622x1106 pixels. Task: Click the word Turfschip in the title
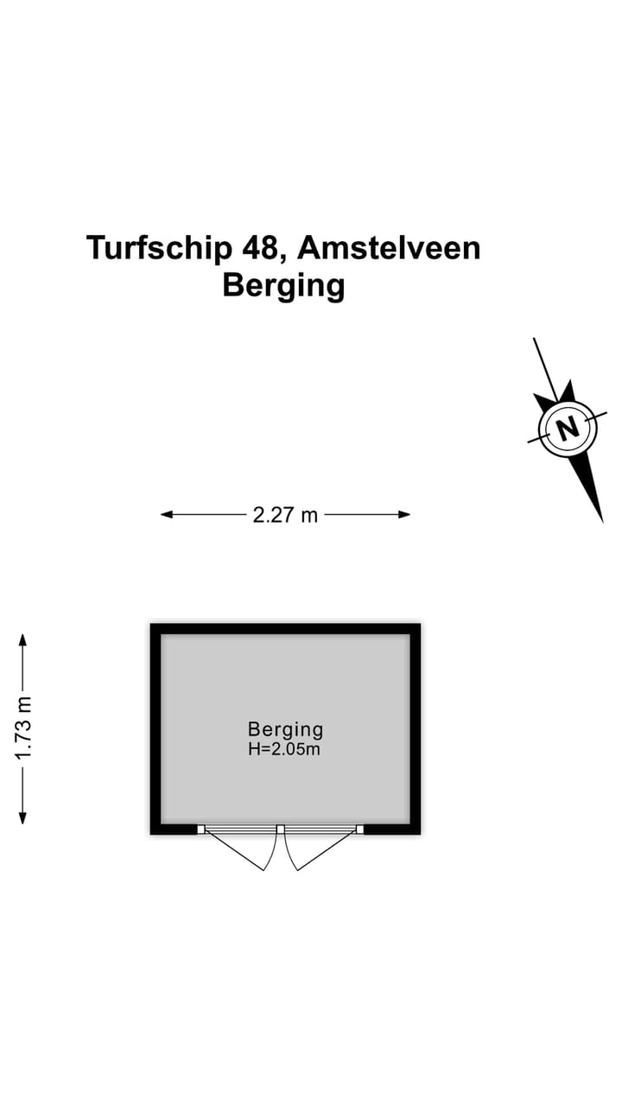(x=159, y=248)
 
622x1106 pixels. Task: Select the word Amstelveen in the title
(x=389, y=247)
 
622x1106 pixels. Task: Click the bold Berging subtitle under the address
(x=283, y=286)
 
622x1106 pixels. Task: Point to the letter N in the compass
(x=568, y=427)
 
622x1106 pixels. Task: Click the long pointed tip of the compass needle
(x=602, y=521)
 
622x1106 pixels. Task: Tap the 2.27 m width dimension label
(x=285, y=515)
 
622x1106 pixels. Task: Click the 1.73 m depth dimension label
(x=22, y=728)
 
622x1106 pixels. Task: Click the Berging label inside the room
(x=285, y=729)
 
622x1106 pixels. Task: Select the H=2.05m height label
(x=284, y=749)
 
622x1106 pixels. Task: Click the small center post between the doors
(x=281, y=829)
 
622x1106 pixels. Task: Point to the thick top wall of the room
(x=285, y=629)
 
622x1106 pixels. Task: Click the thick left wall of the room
(x=156, y=728)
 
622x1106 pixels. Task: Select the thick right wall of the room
(x=416, y=728)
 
